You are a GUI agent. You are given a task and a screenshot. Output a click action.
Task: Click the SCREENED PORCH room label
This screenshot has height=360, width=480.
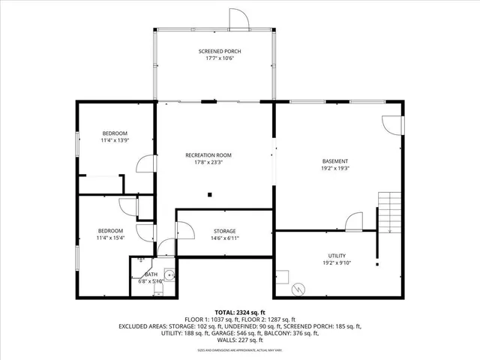(220, 51)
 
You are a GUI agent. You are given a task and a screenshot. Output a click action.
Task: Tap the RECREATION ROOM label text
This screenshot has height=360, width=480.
(208, 155)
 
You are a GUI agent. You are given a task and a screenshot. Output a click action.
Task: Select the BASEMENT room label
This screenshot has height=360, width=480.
(335, 160)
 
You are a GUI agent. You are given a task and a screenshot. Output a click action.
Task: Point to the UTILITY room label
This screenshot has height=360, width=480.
(337, 256)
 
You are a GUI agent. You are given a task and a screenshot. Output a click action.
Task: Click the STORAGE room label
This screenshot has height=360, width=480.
(224, 231)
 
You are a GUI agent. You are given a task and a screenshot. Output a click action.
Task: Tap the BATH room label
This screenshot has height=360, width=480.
(151, 274)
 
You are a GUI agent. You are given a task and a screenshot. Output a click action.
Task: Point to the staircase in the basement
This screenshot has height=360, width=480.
(389, 212)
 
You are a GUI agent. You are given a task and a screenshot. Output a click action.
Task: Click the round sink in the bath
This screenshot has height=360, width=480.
(170, 275)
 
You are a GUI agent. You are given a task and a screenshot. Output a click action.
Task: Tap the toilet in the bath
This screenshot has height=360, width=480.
(157, 292)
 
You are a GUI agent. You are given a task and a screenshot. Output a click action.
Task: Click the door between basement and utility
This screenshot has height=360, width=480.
(355, 222)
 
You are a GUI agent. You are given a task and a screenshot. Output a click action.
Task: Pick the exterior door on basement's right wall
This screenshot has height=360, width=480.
(392, 124)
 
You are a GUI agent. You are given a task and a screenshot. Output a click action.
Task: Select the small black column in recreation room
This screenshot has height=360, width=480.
(211, 195)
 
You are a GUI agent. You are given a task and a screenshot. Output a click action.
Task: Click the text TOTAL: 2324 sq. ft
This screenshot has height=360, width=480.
(240, 312)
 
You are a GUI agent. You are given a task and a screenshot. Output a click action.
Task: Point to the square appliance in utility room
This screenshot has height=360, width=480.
(283, 274)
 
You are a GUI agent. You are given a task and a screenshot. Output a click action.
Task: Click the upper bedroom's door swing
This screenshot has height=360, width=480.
(145, 164)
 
